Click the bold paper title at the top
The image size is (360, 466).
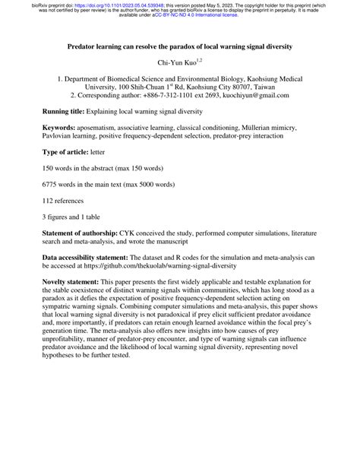180,46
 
